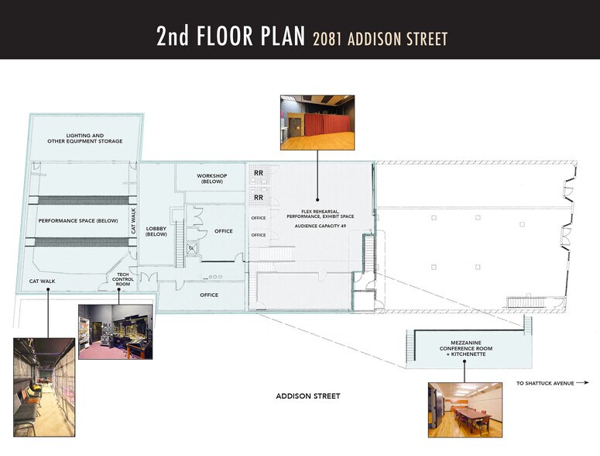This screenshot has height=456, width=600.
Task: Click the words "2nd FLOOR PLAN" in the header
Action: (231, 36)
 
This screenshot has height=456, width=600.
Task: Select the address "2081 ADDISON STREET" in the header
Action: (379, 38)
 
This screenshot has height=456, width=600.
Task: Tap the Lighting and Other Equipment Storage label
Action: (85, 138)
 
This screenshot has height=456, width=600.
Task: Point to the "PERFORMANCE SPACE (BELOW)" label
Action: (78, 221)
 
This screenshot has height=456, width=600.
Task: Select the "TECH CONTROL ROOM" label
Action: (122, 279)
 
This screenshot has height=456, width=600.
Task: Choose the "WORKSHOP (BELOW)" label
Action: (211, 178)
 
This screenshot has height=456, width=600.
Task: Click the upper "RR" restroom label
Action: (259, 173)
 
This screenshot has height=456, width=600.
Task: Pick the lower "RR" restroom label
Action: (259, 198)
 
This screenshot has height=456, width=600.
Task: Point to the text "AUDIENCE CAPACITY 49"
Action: (321, 226)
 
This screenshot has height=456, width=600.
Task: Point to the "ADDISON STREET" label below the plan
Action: (307, 396)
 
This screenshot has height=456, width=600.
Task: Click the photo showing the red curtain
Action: (317, 123)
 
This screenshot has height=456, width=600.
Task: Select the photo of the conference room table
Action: (465, 409)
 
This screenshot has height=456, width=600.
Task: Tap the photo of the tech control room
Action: (115, 331)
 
